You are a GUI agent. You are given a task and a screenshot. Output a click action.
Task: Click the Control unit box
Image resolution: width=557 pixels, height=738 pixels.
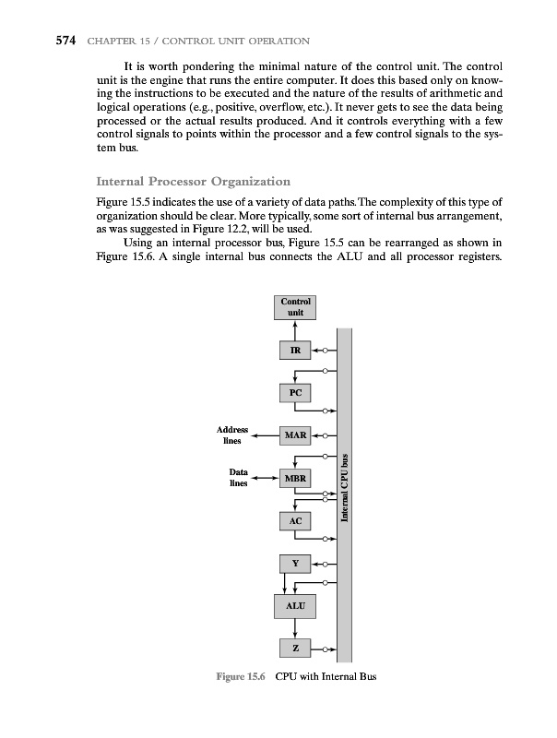point(295,307)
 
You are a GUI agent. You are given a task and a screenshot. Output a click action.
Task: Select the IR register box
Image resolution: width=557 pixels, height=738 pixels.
point(295,351)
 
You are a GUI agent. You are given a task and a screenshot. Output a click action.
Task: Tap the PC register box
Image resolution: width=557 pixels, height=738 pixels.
point(295,393)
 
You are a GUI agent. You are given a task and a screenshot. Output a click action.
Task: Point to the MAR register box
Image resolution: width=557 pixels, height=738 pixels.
point(295,434)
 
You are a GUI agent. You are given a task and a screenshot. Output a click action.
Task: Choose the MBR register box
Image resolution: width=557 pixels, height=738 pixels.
point(295,479)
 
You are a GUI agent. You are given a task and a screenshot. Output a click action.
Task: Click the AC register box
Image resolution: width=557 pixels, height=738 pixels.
point(295,521)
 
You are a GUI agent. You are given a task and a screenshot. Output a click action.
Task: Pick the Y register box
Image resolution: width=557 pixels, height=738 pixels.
point(295,563)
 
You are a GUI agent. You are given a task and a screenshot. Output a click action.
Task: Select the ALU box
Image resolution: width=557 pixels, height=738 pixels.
point(295,605)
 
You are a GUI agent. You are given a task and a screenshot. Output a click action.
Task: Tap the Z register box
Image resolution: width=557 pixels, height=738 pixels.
point(295,649)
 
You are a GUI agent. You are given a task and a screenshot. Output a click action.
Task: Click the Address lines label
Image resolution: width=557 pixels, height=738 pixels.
point(231,435)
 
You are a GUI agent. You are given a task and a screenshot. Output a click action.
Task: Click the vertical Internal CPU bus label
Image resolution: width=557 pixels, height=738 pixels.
point(345,489)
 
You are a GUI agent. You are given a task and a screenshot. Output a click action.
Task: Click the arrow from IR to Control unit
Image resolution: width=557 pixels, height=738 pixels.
point(295,330)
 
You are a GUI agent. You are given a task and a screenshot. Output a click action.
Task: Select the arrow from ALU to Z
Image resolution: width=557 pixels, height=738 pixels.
point(295,627)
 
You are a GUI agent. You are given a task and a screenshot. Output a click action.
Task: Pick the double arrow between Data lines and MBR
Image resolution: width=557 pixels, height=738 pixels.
point(267,479)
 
